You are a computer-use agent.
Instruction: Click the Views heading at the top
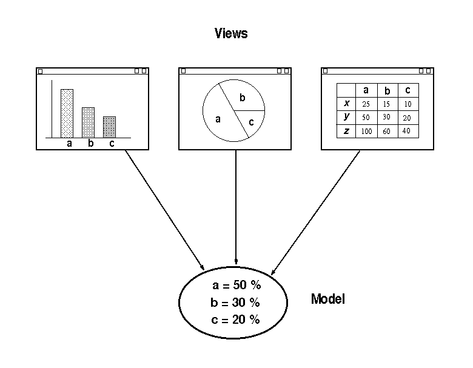231,33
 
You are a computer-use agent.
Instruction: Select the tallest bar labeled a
67,113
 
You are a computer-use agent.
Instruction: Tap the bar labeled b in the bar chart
88,122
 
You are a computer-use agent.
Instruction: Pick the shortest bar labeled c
109,127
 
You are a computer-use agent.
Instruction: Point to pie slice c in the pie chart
251,122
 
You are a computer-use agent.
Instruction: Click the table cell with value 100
366,131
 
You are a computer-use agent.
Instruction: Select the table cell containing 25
366,104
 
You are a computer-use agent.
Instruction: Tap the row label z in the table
346,131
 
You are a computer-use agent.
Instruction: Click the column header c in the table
408,90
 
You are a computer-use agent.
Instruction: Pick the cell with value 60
387,131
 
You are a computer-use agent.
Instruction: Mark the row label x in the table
346,103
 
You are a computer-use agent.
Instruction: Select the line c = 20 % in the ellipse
236,319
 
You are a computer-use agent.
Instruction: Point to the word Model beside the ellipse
327,299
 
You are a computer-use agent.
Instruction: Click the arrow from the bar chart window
164,209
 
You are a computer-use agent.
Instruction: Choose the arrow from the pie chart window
236,206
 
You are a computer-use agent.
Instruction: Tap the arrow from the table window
315,212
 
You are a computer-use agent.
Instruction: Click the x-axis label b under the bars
90,144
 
